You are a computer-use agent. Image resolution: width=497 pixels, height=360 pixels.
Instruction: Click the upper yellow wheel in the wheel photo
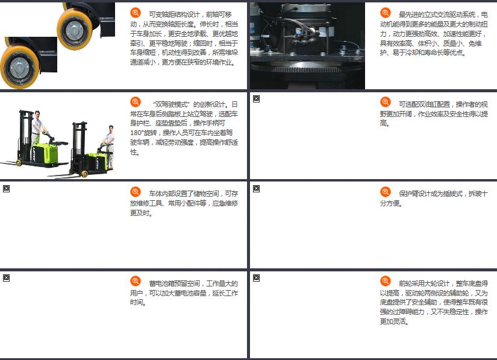75,29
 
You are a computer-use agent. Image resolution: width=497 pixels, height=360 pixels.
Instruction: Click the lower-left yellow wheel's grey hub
19,68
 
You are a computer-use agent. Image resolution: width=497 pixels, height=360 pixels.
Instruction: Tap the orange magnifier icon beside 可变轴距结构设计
136,13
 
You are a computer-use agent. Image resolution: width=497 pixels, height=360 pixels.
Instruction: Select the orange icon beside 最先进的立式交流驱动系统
386,13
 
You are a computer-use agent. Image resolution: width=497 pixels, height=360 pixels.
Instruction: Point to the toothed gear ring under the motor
307,69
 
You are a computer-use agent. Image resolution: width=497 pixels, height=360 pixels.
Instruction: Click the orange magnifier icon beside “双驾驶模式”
136,102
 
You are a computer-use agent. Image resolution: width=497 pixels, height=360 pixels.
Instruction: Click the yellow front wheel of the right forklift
84,174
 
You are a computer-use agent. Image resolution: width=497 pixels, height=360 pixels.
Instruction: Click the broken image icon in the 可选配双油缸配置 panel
257,99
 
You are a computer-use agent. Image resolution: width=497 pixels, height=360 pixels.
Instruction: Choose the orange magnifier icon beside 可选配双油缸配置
386,102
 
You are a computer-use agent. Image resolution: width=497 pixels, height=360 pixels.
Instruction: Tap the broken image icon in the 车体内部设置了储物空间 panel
7,189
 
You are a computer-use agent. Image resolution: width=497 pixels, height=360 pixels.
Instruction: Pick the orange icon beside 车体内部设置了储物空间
136,192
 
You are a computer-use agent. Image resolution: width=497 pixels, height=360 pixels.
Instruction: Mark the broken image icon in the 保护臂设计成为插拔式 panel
257,189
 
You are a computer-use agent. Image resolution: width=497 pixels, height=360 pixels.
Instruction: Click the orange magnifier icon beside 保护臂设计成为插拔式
386,192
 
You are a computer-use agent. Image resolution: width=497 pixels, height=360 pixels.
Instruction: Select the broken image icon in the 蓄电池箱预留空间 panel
7,278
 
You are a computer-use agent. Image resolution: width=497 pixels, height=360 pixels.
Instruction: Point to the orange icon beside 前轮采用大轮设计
386,281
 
